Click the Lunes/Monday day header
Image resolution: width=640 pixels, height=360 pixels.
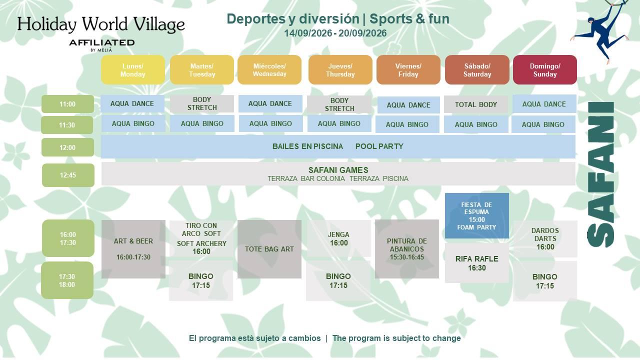[x=133, y=69]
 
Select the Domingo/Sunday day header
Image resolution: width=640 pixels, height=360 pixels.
[x=545, y=69]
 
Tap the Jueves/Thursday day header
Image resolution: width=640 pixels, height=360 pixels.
[x=340, y=69]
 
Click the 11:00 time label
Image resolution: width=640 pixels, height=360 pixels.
[x=67, y=104]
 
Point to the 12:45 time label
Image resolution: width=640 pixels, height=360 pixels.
[x=68, y=175]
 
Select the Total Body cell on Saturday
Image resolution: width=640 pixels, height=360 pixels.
[x=476, y=104]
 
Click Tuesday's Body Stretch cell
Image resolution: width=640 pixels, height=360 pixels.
[x=202, y=103]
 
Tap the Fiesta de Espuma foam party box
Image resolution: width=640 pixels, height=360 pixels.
[x=477, y=215]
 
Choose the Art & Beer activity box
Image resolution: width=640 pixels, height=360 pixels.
[x=133, y=249]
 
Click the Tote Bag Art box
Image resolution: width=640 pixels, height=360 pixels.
[x=269, y=249]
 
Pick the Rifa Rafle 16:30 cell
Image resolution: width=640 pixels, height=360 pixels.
[x=477, y=263]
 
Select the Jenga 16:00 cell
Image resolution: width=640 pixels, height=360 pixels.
[x=338, y=239]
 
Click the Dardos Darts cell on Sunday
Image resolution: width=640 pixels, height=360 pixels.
[x=545, y=239]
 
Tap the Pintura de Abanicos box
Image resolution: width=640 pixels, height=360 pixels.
[x=407, y=249]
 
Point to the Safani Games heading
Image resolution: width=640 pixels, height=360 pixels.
[x=338, y=170]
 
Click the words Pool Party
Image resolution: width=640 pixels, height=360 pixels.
[x=379, y=146]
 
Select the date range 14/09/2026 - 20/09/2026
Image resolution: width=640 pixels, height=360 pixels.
[x=335, y=33]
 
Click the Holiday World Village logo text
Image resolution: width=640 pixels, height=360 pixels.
[x=101, y=24]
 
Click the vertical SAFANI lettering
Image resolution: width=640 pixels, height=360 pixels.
[x=600, y=174]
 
